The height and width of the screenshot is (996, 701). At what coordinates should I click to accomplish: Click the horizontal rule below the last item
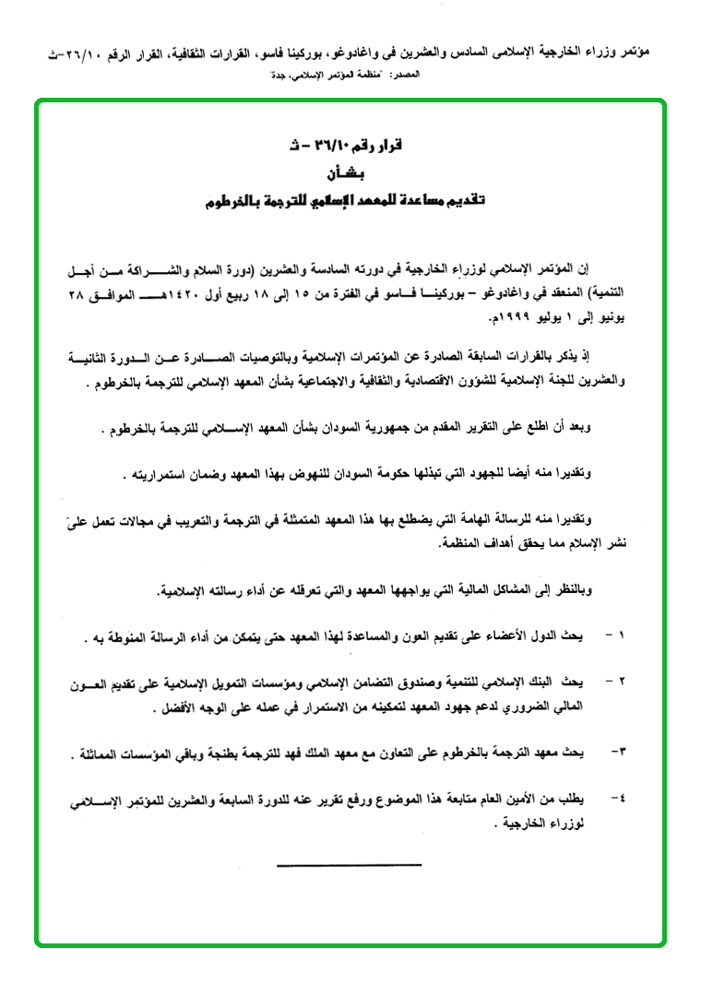[x=349, y=864]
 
